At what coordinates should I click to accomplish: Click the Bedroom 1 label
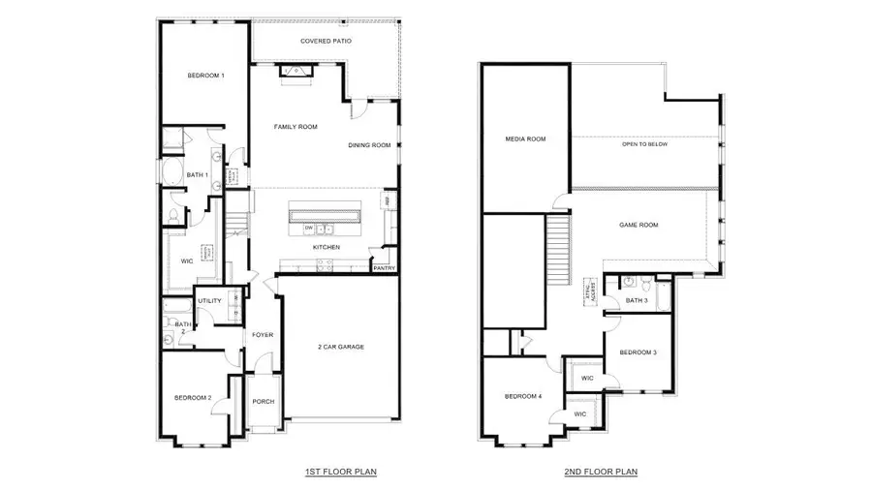205,76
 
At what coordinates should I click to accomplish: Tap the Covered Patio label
326,42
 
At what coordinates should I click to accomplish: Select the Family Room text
296,127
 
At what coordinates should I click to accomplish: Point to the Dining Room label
369,145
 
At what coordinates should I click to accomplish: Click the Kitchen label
326,248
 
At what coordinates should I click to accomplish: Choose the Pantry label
384,268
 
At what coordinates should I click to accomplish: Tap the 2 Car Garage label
340,347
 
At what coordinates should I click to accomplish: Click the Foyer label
263,335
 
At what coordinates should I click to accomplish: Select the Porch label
263,402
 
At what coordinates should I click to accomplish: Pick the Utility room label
209,301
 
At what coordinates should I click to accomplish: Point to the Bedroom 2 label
193,398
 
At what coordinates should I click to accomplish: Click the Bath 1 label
198,175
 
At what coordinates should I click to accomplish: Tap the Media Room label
525,139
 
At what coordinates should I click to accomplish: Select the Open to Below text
645,144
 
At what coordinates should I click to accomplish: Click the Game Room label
638,225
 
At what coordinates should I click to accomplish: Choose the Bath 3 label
637,301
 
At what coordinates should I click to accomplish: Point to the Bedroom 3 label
638,352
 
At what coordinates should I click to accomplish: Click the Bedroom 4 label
522,397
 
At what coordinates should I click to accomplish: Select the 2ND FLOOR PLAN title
601,472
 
